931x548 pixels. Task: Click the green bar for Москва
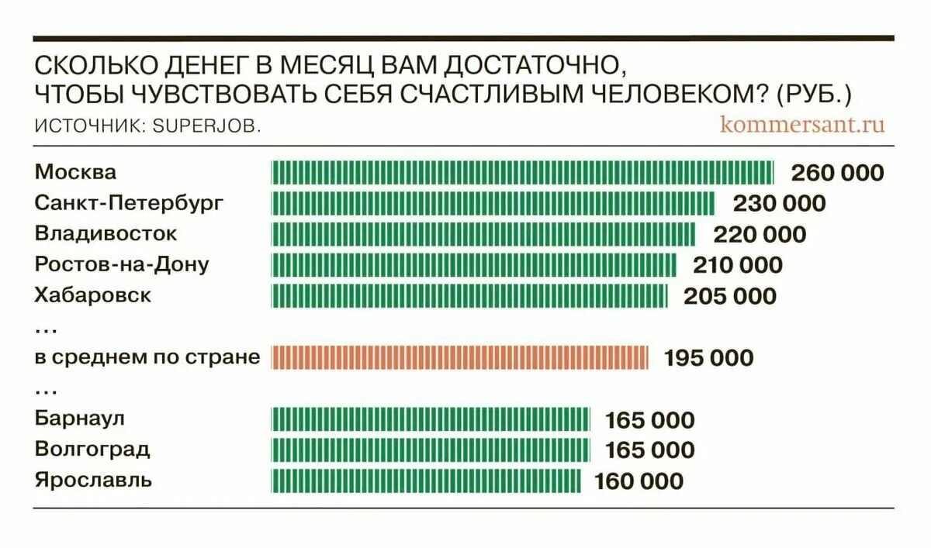pyautogui.click(x=522, y=172)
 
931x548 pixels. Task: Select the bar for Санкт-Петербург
pyautogui.click(x=493, y=203)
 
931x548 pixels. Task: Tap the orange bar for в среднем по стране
pyautogui.click(x=459, y=357)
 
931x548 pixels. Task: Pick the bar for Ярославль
pyautogui.click(x=426, y=481)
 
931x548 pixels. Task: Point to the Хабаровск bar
pyautogui.click(x=469, y=296)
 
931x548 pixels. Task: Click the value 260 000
pyautogui.click(x=837, y=172)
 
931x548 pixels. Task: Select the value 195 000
pyautogui.click(x=708, y=357)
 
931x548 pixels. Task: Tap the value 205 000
pyautogui.click(x=729, y=296)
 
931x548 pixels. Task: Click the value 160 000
pyautogui.click(x=639, y=481)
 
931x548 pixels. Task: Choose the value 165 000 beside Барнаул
pyautogui.click(x=649, y=421)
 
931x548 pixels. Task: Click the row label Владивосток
pyautogui.click(x=106, y=233)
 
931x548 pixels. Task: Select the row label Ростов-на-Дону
pyautogui.click(x=122, y=264)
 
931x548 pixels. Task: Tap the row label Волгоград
pyautogui.click(x=92, y=450)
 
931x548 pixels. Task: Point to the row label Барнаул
pyautogui.click(x=80, y=419)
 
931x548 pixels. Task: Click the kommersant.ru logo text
pyautogui.click(x=801, y=124)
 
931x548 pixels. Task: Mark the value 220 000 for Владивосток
pyautogui.click(x=760, y=234)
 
